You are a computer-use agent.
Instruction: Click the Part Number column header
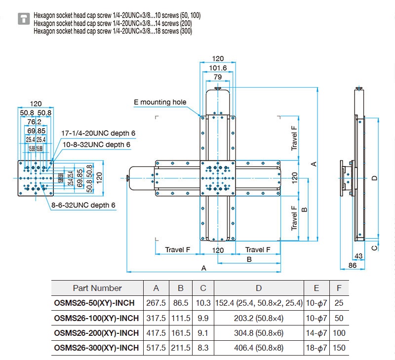pyautogui.click(x=97, y=288)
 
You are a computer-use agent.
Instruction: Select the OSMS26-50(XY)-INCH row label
pyautogui.click(x=97, y=303)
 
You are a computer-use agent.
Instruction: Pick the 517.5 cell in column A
pyautogui.click(x=156, y=348)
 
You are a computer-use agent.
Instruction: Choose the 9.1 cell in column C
pyautogui.click(x=203, y=333)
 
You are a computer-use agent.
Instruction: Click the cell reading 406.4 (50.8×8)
pyautogui.click(x=258, y=348)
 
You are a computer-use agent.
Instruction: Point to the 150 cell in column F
pyautogui.click(x=339, y=348)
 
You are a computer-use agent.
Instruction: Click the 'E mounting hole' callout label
pyautogui.click(x=160, y=103)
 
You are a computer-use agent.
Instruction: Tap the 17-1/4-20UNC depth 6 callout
pyautogui.click(x=98, y=134)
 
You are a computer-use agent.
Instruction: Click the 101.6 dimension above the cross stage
pyautogui.click(x=218, y=68)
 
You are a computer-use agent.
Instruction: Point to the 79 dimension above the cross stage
pyautogui.click(x=218, y=77)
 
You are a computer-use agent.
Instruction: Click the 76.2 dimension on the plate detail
pyautogui.click(x=35, y=121)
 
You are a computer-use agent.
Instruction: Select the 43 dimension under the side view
pyautogui.click(x=359, y=256)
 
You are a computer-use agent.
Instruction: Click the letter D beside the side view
pyautogui.click(x=375, y=178)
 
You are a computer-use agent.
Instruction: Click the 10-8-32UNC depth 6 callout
pyautogui.click(x=97, y=144)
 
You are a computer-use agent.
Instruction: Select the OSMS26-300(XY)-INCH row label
pyautogui.click(x=97, y=348)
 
